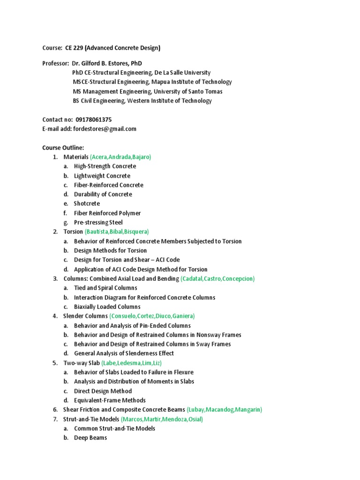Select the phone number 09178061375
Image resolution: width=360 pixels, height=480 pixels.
93,120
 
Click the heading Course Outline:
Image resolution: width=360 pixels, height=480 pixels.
63,148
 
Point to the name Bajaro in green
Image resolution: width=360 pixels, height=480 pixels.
142,157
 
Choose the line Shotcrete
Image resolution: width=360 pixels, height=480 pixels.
87,204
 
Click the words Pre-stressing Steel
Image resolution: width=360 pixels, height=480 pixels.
98,223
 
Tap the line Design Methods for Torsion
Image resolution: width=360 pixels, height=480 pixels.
110,251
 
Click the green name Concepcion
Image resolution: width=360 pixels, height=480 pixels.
237,279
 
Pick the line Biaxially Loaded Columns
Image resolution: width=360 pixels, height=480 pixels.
107,307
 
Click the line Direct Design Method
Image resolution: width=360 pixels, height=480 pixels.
103,391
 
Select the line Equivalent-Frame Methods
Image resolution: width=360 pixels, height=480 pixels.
110,401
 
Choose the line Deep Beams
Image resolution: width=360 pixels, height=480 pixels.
90,438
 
